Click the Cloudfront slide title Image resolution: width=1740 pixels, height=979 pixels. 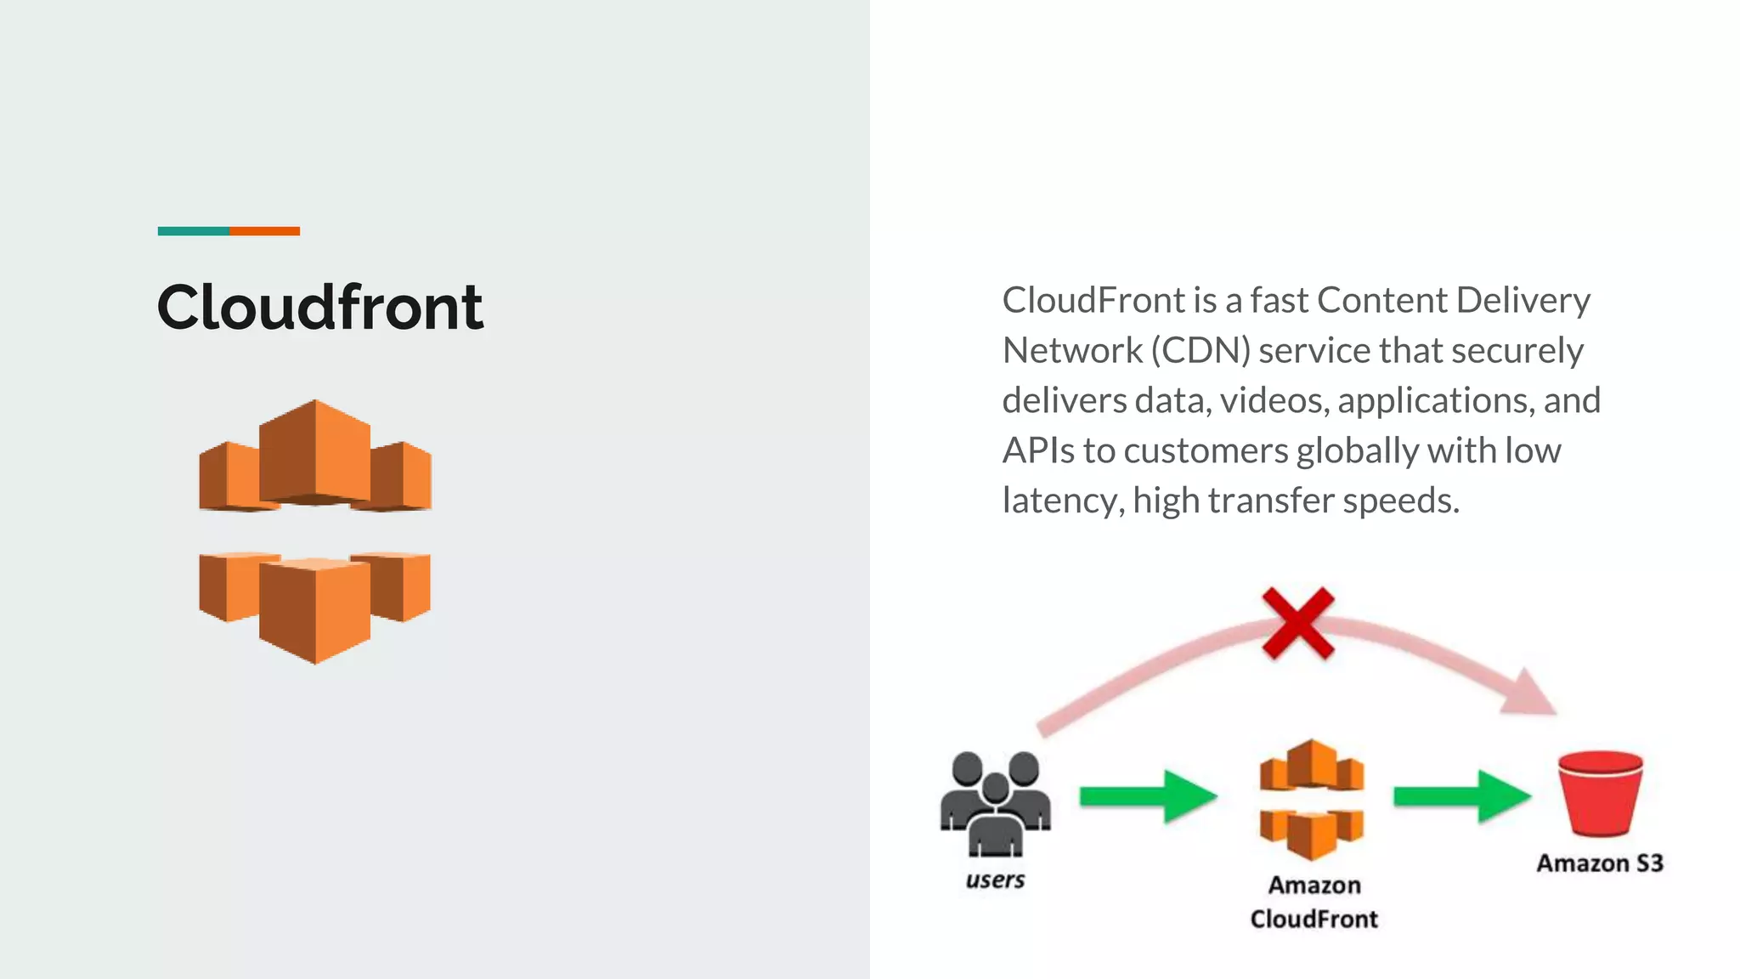(x=320, y=307)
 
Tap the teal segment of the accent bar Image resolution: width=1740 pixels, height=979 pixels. (x=193, y=231)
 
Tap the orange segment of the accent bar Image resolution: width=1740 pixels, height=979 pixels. (x=264, y=231)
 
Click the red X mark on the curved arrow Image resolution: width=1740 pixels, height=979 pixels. (x=1297, y=623)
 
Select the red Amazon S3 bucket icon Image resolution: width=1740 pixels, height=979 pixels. (x=1600, y=794)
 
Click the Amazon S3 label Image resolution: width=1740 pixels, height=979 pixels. (x=1599, y=863)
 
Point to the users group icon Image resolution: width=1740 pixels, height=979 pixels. (x=995, y=802)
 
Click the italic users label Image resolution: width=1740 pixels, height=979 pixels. (x=995, y=880)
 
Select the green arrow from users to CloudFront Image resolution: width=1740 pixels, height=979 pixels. (x=1148, y=796)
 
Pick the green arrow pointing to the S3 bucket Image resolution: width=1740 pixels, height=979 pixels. (x=1461, y=796)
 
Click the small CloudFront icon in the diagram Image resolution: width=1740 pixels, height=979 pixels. (x=1312, y=799)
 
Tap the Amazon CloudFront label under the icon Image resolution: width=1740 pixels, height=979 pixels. (x=1314, y=902)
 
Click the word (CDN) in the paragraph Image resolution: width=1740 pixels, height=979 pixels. (x=1200, y=350)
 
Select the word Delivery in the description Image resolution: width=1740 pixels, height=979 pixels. (x=1522, y=300)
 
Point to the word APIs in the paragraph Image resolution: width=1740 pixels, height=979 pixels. (x=1038, y=450)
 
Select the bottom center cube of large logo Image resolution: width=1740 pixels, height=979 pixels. (x=315, y=609)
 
